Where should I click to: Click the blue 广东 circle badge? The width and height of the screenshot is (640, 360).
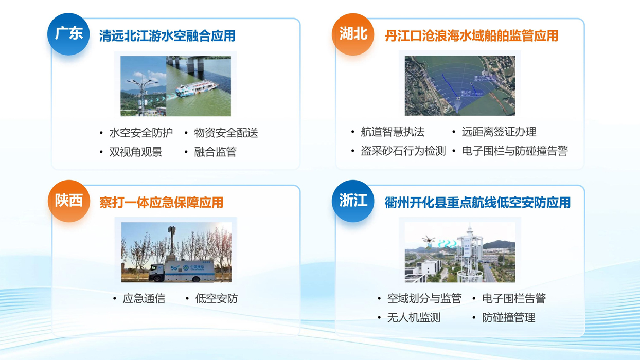[x=68, y=34]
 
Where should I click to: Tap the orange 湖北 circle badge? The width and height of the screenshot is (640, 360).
[x=353, y=34]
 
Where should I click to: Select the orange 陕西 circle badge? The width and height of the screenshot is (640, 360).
[x=69, y=201]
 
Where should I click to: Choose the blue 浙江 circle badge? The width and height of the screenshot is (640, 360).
[x=353, y=201]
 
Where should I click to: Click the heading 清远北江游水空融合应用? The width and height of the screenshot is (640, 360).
[x=167, y=36]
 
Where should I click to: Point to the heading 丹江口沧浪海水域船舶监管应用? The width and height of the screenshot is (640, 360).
[x=471, y=36]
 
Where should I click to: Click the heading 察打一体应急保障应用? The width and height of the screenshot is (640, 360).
[x=161, y=203]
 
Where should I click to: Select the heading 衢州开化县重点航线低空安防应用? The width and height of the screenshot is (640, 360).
[x=477, y=203]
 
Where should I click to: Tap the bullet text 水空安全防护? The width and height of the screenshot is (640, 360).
[x=141, y=133]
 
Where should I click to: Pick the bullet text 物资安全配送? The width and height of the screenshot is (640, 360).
[x=226, y=133]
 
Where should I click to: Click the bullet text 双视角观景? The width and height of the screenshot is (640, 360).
[x=136, y=152]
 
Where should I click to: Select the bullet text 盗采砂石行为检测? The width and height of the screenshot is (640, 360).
[x=403, y=151]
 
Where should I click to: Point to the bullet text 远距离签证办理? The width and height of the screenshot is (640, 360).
[x=499, y=132]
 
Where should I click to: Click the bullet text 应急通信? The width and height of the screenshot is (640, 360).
[x=144, y=299]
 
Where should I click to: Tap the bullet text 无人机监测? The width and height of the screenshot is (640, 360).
[x=414, y=317]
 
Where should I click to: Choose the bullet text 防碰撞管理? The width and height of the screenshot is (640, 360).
[x=509, y=317]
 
